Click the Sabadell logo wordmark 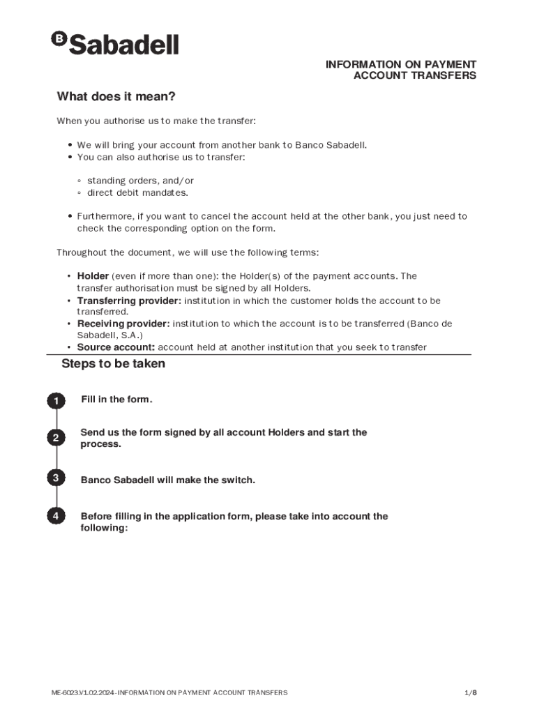[x=124, y=45]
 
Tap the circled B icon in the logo [x=59, y=39]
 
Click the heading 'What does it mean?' [x=116, y=96]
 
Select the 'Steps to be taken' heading [x=113, y=364]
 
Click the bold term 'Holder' [x=93, y=276]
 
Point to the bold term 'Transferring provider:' [x=129, y=301]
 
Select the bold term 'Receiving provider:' [x=123, y=324]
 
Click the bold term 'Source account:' [x=116, y=347]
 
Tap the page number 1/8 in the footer [x=471, y=693]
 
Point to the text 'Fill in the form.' [x=116, y=400]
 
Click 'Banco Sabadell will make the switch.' [x=168, y=480]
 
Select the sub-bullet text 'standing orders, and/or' [x=140, y=181]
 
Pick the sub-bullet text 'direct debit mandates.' [x=137, y=192]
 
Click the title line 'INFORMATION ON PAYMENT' [x=400, y=64]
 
